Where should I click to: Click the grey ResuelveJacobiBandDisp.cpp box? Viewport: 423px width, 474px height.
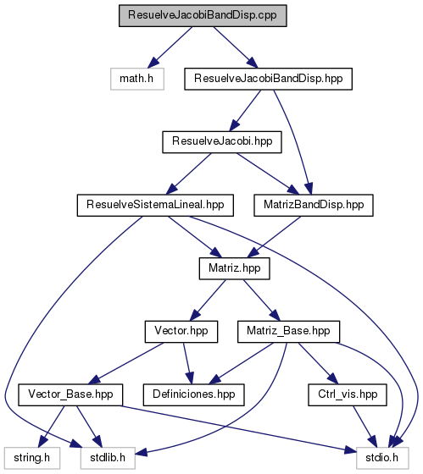coord(203,16)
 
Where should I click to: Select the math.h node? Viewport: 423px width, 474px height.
coord(137,79)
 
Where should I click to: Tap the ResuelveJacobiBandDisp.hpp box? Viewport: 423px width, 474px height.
coord(268,79)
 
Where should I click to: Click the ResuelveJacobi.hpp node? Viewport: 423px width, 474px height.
coord(222,142)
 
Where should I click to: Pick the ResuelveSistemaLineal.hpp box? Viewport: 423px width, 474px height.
coord(155,205)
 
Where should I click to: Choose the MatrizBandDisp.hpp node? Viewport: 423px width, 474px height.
coord(314,205)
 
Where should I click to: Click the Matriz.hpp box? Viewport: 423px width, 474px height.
coord(234,268)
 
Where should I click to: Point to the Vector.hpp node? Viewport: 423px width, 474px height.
coord(181,332)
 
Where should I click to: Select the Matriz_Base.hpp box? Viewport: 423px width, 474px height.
coord(288,332)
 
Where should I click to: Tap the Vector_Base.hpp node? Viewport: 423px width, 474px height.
coord(70,394)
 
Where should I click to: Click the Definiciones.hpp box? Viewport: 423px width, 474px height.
coord(194,394)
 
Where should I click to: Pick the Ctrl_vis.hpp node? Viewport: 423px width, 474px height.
coord(348,394)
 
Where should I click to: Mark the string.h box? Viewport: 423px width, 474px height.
coord(32,458)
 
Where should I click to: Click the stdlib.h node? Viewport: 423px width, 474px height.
coord(108,458)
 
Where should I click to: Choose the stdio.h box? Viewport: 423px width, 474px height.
coord(382,458)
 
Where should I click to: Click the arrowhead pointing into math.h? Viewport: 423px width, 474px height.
coord(153,63)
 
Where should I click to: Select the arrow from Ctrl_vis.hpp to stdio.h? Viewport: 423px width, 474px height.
coord(365,427)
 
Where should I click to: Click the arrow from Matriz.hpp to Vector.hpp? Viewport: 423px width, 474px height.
coord(208,300)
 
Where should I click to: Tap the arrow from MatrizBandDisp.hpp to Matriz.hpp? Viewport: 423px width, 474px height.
coord(275,237)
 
